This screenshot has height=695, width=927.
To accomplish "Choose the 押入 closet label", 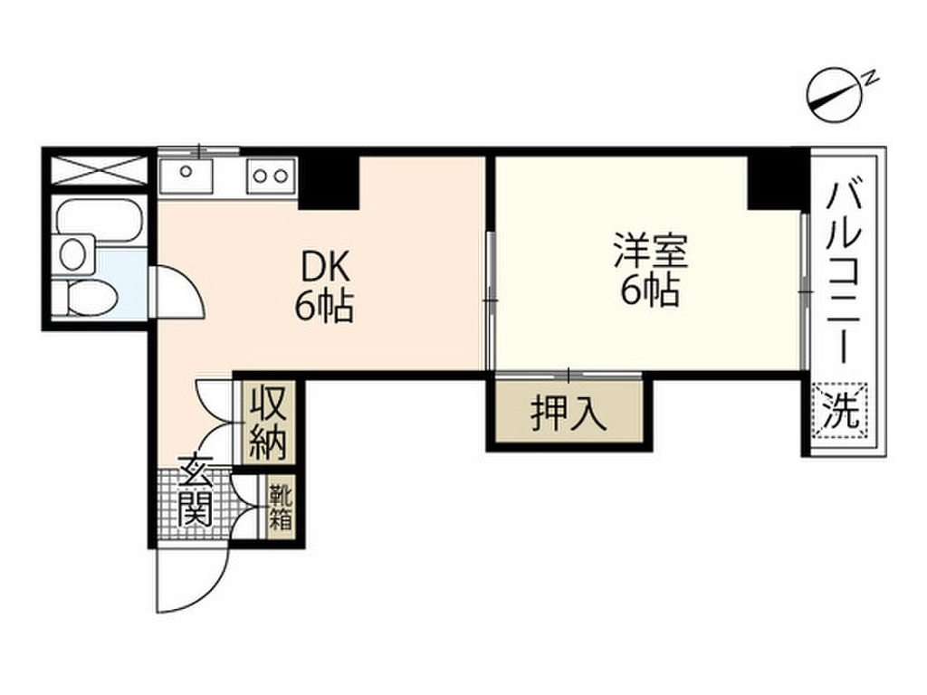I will [567, 414].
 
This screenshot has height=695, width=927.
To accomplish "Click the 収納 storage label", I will [269, 421].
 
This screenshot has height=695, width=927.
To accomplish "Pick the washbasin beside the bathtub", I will [76, 252].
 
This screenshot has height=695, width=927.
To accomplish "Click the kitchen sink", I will [186, 174].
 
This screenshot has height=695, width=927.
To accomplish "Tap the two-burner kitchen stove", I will [271, 175].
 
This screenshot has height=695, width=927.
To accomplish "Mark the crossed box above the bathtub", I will [99, 170].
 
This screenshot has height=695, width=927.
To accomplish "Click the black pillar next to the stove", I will [329, 180].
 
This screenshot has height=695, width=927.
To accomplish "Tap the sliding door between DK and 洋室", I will [490, 299].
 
